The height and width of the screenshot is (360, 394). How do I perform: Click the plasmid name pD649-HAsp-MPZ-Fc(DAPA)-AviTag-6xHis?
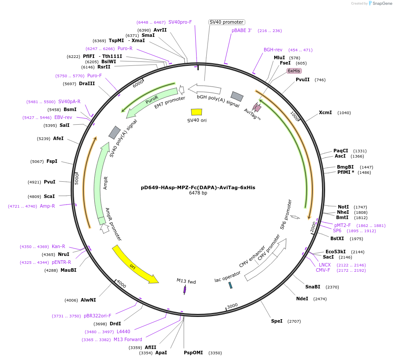[x=198, y=187]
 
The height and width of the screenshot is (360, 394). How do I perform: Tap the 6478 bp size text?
[x=198, y=193]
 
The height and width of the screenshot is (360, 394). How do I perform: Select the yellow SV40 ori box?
[x=197, y=112]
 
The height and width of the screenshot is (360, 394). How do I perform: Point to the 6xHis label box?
[x=294, y=71]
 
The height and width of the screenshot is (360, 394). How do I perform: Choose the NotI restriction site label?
[x=343, y=207]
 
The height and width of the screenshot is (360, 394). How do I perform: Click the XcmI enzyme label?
[x=325, y=113]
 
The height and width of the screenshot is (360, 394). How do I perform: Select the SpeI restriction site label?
[x=277, y=321]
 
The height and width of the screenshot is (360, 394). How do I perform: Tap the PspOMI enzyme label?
[x=193, y=353]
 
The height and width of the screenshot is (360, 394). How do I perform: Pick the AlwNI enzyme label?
[x=88, y=300]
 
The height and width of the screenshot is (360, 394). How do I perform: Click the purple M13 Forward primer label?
[x=128, y=339]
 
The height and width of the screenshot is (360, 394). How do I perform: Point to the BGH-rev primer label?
[x=273, y=50]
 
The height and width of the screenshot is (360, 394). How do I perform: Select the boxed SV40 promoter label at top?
[x=226, y=22]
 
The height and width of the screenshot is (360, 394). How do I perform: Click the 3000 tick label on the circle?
[x=232, y=306]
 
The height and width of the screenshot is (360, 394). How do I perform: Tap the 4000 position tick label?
[x=121, y=284]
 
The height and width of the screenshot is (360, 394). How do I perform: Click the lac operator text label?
[x=228, y=277]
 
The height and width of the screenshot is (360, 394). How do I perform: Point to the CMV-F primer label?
[x=323, y=270]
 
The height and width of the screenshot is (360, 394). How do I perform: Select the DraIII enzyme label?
[x=87, y=83]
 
